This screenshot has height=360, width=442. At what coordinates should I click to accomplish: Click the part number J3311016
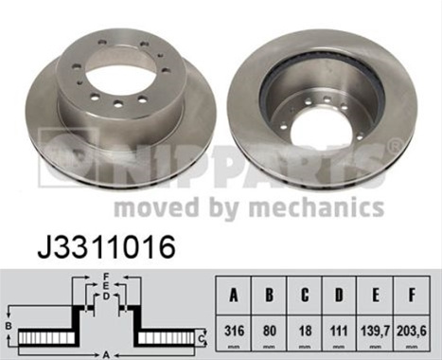[106, 247]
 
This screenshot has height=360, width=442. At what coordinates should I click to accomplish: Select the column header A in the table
[234, 296]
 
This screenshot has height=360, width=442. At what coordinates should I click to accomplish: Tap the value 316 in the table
[234, 331]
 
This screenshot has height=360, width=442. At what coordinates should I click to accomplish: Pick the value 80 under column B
[269, 331]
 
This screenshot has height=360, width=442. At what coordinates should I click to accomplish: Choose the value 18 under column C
[305, 331]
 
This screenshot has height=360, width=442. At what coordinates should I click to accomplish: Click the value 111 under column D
[339, 331]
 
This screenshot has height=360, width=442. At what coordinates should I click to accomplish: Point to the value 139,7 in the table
[375, 331]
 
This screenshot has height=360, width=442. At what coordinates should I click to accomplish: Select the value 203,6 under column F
[411, 331]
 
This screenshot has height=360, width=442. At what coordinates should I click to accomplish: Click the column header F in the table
[412, 296]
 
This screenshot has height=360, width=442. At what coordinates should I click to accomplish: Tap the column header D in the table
[339, 296]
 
